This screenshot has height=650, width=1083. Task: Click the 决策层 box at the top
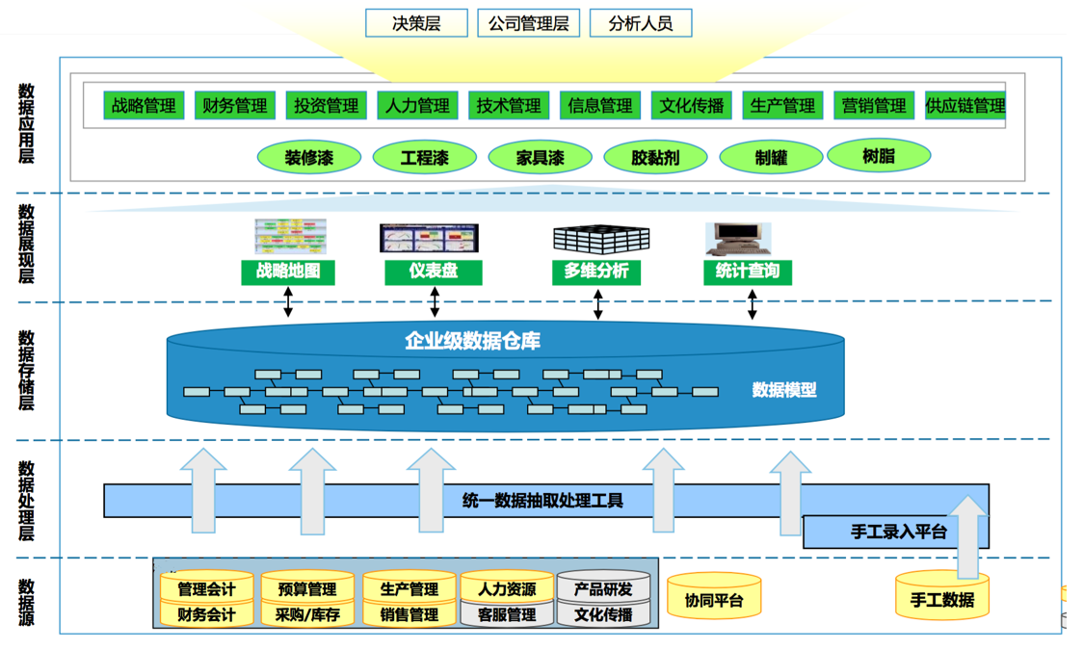click(416, 23)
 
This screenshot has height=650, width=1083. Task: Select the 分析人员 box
click(640, 23)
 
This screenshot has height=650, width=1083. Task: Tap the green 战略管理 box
click(144, 106)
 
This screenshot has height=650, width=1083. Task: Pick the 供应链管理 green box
click(964, 106)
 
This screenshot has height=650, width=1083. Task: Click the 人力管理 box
click(417, 106)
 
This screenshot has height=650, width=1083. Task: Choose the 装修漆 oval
click(309, 157)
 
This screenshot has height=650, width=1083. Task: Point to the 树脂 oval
click(879, 155)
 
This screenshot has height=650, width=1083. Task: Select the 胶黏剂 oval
click(655, 157)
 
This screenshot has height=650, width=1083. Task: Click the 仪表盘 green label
click(433, 272)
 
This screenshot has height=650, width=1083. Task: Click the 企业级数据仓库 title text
click(472, 341)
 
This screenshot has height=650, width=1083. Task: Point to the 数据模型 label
click(783, 390)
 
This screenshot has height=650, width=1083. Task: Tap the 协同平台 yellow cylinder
click(714, 600)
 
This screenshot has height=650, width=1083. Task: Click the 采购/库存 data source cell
click(307, 614)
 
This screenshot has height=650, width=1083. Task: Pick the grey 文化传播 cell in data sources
click(603, 614)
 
